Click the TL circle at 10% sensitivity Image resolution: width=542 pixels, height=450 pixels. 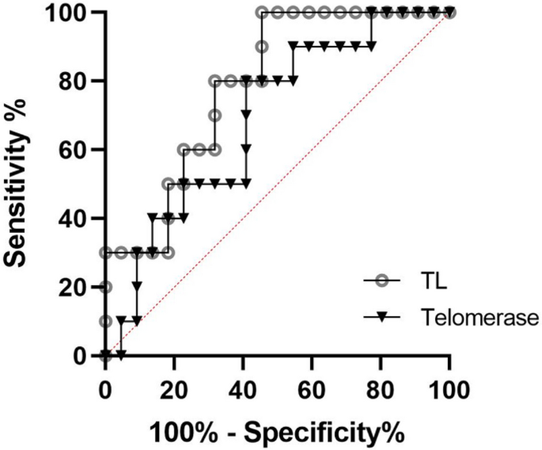tap(105, 321)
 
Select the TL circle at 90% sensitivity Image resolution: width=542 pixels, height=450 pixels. tap(262, 47)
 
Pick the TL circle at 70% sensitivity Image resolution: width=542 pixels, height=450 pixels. tap(214, 116)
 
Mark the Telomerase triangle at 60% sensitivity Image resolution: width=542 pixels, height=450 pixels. tap(246, 150)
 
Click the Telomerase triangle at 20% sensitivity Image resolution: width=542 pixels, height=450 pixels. tap(137, 287)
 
